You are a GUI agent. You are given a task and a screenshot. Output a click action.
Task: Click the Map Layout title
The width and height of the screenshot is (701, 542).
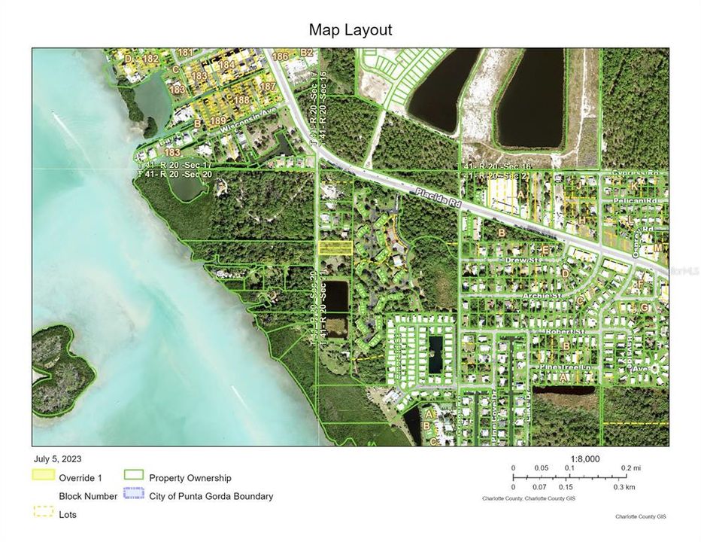350,30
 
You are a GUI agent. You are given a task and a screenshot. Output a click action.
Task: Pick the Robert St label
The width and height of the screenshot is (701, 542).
591,331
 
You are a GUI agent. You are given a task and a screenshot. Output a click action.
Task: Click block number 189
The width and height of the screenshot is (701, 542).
217,120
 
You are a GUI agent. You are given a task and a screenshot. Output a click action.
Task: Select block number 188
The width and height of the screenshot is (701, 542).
241,99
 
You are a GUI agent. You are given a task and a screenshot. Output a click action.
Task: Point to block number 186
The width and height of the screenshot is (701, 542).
281,56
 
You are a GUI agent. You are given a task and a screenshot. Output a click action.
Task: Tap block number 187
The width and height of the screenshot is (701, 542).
268,87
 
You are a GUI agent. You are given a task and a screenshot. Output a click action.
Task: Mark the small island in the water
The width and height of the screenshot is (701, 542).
63,364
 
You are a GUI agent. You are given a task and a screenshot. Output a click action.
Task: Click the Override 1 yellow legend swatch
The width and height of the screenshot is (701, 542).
44,475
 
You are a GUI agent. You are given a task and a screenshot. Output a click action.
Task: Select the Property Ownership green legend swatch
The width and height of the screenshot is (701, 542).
133,475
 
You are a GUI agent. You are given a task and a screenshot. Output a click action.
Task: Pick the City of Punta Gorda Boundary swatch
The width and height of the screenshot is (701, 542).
133,495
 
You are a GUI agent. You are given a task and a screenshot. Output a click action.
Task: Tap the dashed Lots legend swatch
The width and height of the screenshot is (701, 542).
44,512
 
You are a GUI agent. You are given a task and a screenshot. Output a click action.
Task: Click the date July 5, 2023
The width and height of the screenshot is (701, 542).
57,458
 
